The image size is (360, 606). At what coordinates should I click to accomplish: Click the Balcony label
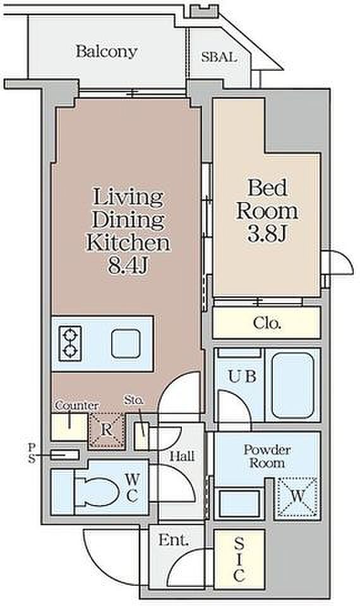click(x=106, y=51)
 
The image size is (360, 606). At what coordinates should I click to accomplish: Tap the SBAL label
click(x=219, y=57)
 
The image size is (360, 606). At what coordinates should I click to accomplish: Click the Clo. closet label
click(x=267, y=323)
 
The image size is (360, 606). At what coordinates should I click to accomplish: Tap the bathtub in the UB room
click(x=292, y=385)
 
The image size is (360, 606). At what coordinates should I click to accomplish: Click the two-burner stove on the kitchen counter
click(x=70, y=343)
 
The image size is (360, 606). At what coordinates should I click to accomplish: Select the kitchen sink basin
click(x=125, y=343)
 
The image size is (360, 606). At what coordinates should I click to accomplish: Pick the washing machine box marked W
click(x=297, y=497)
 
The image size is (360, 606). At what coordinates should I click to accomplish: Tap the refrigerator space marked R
click(x=106, y=430)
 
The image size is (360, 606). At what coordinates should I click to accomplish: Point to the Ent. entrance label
click(x=174, y=540)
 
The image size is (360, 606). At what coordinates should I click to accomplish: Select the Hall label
click(x=182, y=456)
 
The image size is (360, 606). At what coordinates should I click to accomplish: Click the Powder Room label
click(x=267, y=456)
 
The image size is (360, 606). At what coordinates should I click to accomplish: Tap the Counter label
click(x=76, y=406)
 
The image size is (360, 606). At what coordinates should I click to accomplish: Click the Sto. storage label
click(x=134, y=400)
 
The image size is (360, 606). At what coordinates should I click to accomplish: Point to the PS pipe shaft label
click(x=32, y=453)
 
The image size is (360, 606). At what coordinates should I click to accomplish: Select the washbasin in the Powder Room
click(x=239, y=503)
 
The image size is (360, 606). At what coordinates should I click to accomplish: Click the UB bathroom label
click(x=243, y=376)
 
